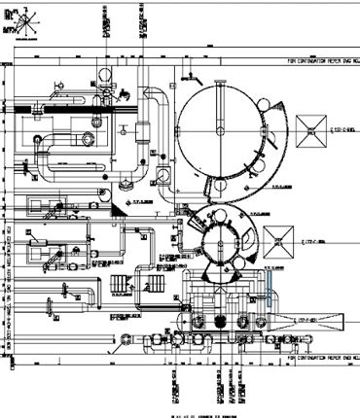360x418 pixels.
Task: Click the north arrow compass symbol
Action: pyautogui.click(x=24, y=16)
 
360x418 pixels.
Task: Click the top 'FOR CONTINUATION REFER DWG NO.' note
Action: pyautogui.click(x=321, y=59)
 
